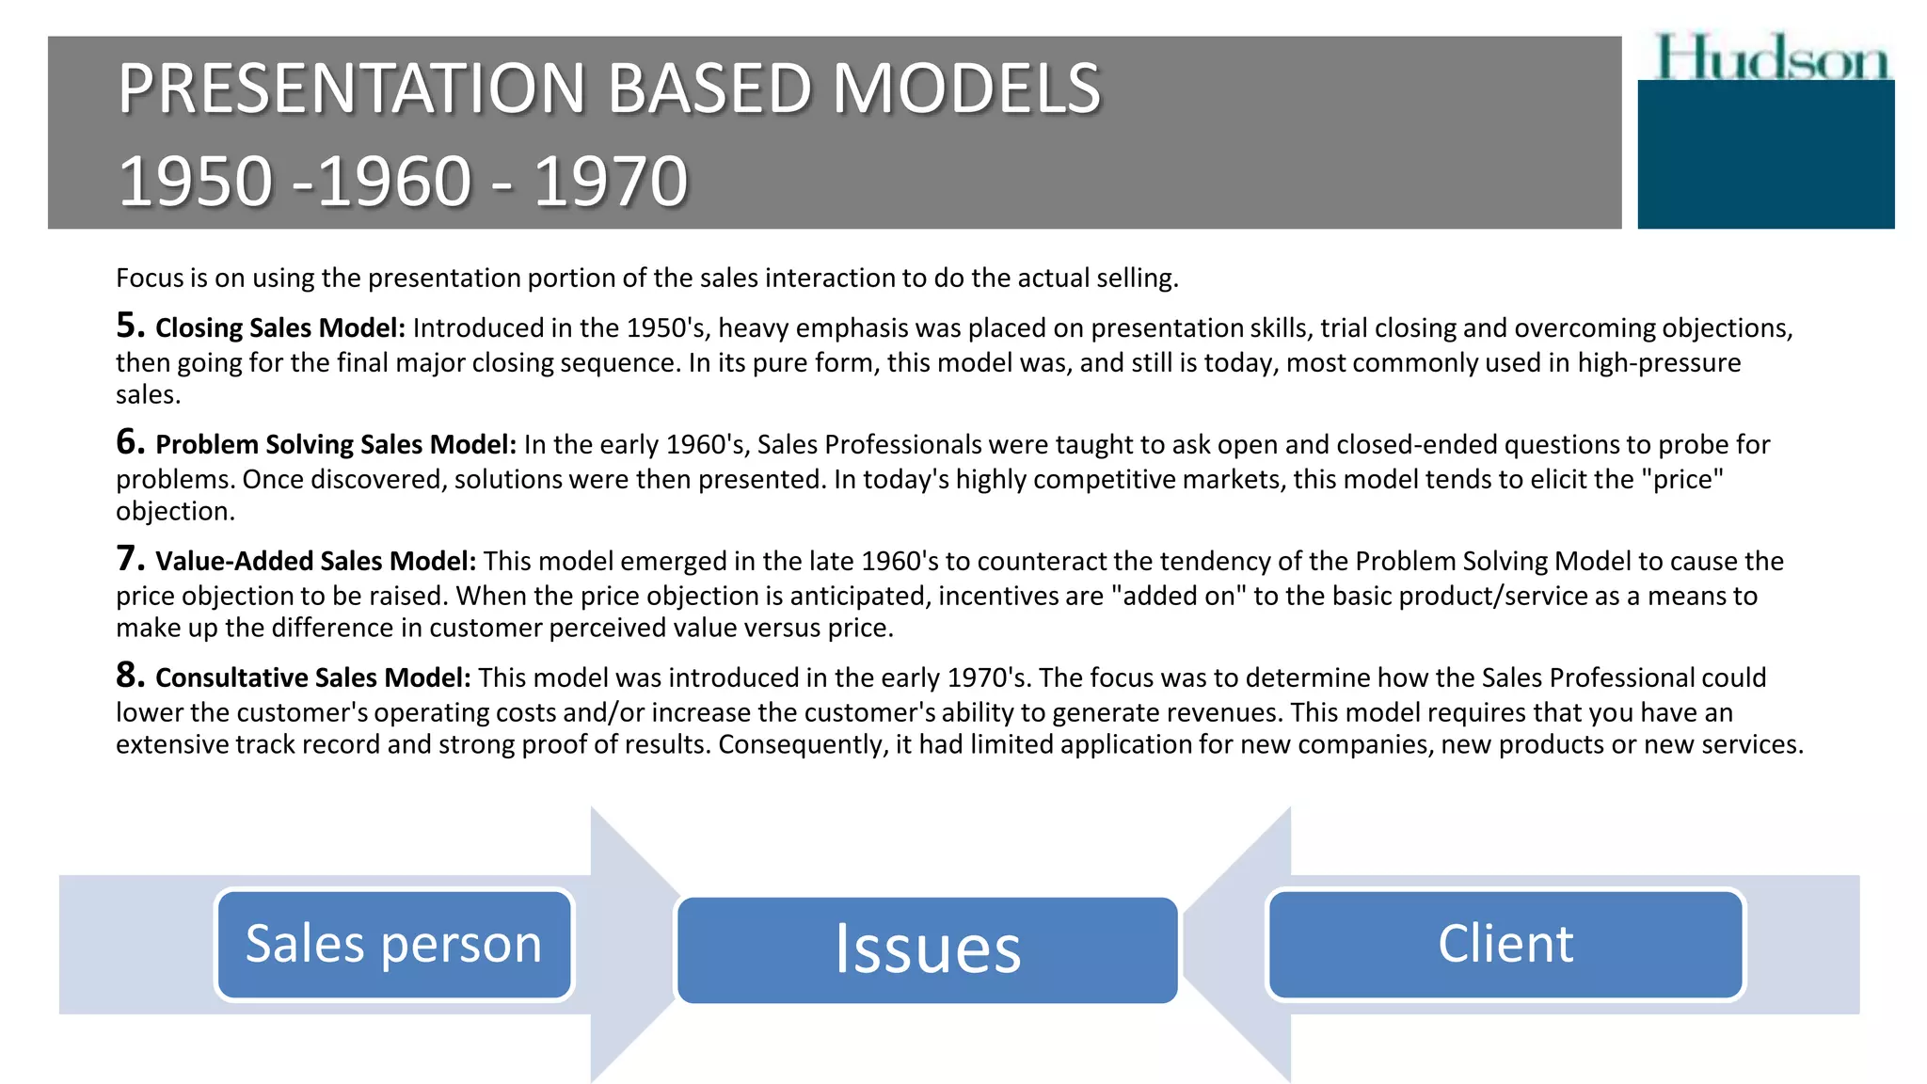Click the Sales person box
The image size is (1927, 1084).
[394, 944]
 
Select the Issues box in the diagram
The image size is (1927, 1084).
[927, 949]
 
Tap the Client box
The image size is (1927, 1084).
[1505, 944]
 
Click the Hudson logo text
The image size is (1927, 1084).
[1773, 57]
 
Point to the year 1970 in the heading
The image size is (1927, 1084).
[612, 181]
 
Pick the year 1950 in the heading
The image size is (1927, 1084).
[196, 181]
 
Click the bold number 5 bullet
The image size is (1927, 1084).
[130, 326]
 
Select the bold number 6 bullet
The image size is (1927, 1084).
[130, 442]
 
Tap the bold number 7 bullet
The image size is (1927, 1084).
[130, 559]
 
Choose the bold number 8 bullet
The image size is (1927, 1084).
[130, 676]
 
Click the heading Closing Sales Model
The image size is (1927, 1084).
[280, 327]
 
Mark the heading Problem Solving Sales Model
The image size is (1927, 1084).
[336, 444]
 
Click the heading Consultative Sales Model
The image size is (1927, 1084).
[313, 677]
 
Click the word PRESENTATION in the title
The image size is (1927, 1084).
[352, 88]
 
